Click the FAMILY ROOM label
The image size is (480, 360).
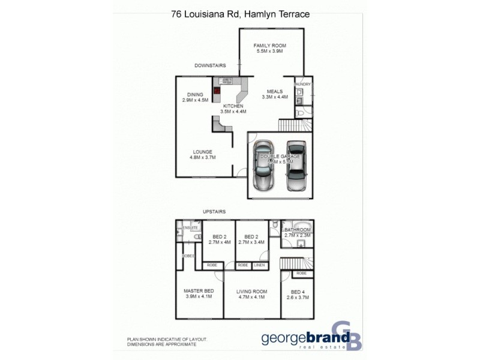coord(269,46)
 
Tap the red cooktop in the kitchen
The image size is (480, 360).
coord(217,92)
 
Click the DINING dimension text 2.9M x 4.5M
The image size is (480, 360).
coord(195,100)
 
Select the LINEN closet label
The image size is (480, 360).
coord(259,265)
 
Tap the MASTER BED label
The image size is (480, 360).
coord(199,291)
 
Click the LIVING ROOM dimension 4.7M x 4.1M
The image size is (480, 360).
coord(251,297)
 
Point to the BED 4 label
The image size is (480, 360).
coord(297,291)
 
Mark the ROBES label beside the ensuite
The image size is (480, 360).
coord(188,256)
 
